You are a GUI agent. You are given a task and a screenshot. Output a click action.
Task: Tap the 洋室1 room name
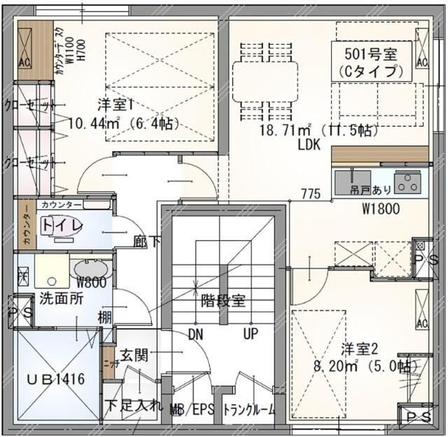115,105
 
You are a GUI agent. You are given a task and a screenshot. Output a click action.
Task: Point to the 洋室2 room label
359,348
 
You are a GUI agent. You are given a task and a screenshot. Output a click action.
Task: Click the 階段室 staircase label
223,301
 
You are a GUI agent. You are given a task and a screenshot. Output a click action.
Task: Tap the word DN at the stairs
195,334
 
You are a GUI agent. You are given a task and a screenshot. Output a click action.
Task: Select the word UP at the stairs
251,334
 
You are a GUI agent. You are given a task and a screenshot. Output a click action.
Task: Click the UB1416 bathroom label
55,379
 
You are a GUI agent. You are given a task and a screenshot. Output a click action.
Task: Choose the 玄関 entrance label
133,355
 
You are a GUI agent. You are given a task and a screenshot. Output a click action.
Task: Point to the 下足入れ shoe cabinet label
134,405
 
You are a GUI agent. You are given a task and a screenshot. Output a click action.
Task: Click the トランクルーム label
248,410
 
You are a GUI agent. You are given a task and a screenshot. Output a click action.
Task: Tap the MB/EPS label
190,410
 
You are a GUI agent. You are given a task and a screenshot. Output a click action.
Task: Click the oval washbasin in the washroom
89,269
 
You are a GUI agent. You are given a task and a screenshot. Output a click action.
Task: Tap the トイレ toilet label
62,226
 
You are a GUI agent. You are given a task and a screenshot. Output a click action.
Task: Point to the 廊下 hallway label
147,241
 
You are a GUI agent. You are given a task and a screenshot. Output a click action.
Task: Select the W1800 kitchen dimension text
380,208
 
